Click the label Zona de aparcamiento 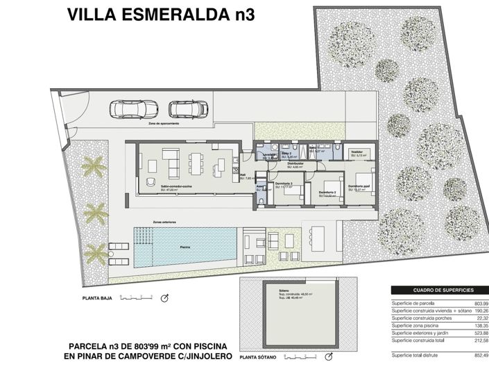(x=163, y=124)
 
